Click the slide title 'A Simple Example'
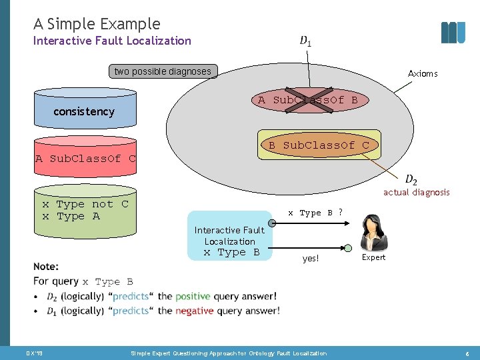[x=97, y=24]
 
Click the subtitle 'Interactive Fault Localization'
[x=112, y=41]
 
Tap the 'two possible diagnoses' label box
[x=163, y=71]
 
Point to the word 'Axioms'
[x=423, y=73]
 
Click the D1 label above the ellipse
[x=305, y=41]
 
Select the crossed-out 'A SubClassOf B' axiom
[x=308, y=100]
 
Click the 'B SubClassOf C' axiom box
[x=319, y=145]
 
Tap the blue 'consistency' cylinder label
[x=84, y=111]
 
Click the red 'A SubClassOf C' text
[x=85, y=159]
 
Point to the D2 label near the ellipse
[x=411, y=179]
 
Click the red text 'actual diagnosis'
[x=416, y=192]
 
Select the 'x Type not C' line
[x=85, y=204]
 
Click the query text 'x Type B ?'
[x=315, y=213]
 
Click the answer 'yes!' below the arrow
[x=311, y=259]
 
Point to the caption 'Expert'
[x=373, y=257]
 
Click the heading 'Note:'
[x=46, y=267]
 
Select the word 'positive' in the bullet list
[x=193, y=296]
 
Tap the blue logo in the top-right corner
[x=453, y=32]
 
